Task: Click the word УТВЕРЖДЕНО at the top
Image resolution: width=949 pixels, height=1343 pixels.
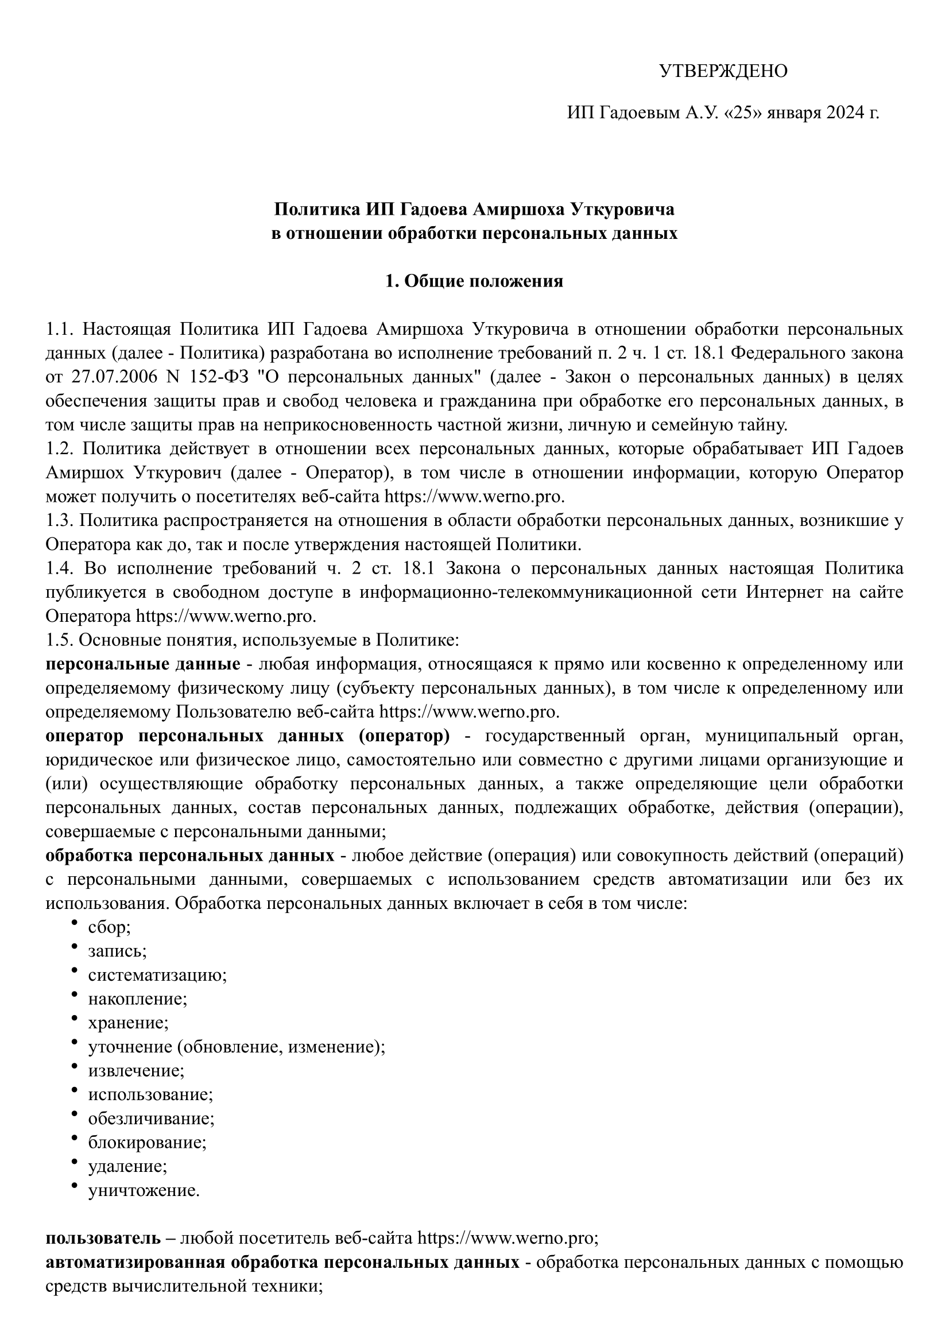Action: pos(723,71)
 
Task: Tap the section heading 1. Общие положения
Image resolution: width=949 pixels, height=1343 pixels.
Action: pos(474,281)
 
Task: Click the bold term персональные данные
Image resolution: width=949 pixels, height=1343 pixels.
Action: pos(143,664)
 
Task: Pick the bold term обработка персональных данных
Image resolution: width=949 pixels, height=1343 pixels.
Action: pos(190,856)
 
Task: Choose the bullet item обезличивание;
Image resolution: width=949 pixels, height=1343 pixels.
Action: pos(151,1118)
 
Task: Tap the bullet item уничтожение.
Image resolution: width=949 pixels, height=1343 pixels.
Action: pos(144,1190)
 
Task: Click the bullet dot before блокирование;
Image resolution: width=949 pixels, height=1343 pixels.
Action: pos(74,1137)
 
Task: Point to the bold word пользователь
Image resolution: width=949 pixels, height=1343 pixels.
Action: pos(103,1238)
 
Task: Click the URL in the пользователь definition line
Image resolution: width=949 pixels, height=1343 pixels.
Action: pos(506,1238)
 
